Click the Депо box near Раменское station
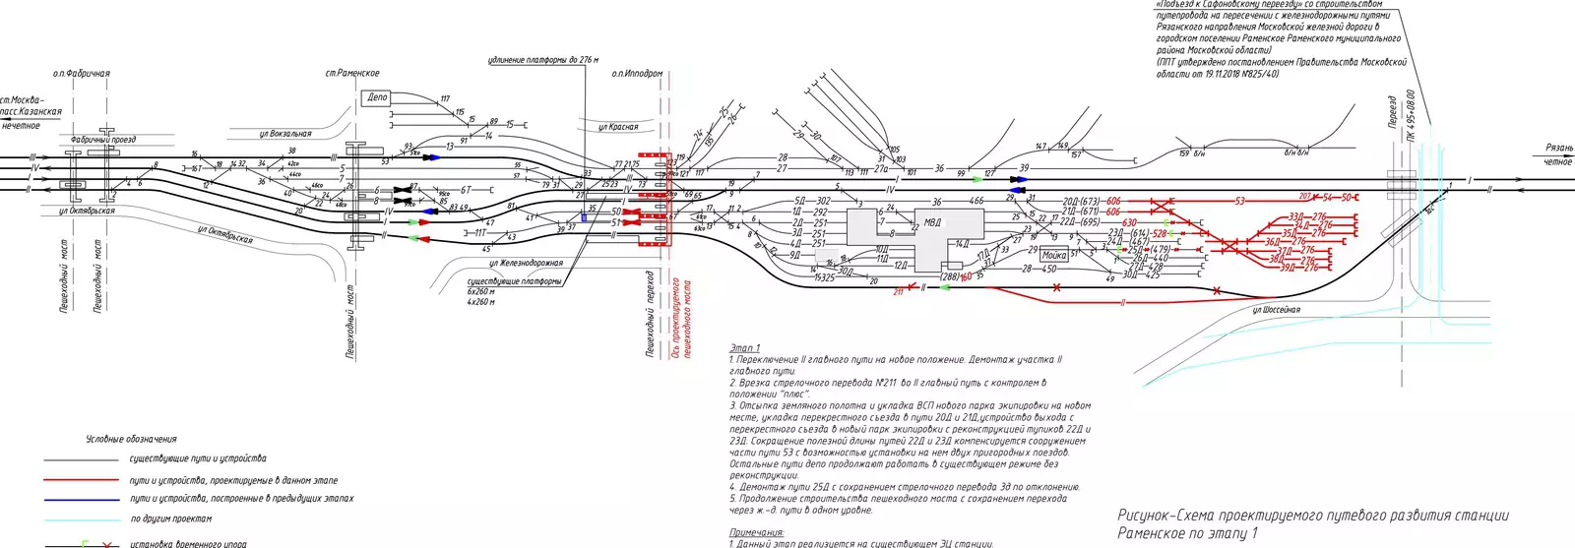[378, 97]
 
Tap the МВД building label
[932, 221]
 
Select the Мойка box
[1054, 256]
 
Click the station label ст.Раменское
[351, 74]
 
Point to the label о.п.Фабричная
[81, 74]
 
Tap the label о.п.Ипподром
[637, 74]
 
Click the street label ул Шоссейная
[1276, 310]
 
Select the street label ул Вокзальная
[284, 134]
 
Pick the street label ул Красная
[618, 127]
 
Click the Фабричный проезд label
[102, 141]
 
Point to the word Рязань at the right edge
[1559, 149]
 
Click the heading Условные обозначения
[131, 439]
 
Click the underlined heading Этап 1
[744, 348]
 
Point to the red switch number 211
[898, 292]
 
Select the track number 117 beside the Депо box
[445, 99]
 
